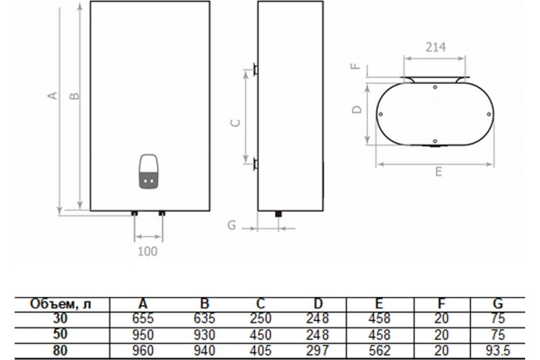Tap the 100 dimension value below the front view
(x=146, y=250)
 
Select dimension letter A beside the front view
(x=52, y=96)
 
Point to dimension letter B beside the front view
(x=74, y=96)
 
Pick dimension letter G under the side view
(x=232, y=225)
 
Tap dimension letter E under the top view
(x=438, y=173)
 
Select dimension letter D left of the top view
(x=355, y=109)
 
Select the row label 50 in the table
(x=60, y=333)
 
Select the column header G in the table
(x=497, y=303)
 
